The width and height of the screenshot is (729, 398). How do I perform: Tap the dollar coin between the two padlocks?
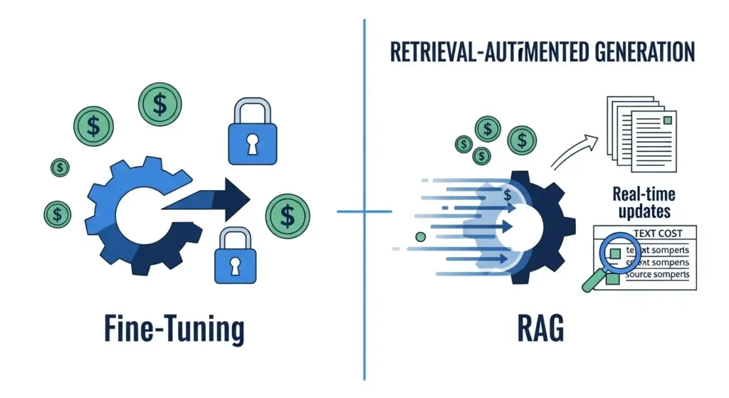pos(288,214)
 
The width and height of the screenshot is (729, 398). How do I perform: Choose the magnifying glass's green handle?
pos(593,283)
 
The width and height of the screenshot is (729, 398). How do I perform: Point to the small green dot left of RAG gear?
pos(420,236)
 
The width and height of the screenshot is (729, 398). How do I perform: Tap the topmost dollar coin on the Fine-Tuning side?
pos(159,105)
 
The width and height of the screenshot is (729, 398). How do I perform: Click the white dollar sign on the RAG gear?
pos(508,194)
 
